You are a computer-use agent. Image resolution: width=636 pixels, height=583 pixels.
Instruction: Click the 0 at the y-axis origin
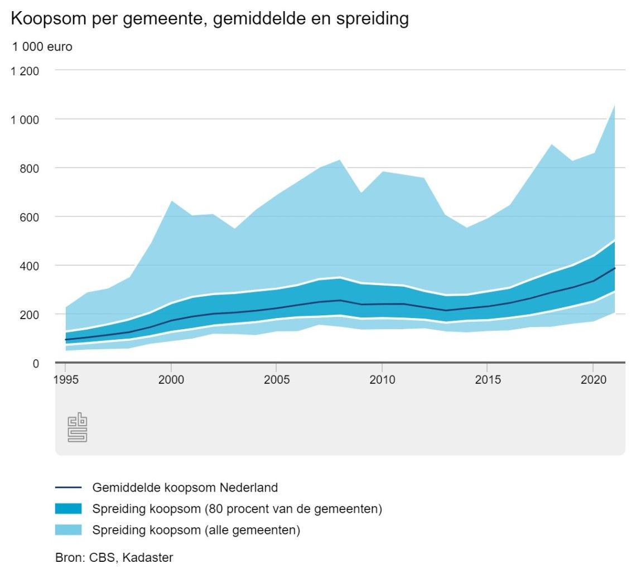point(36,363)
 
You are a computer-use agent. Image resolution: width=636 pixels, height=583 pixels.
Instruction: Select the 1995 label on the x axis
point(66,379)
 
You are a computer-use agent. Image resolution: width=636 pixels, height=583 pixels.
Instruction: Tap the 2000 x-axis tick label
point(171,379)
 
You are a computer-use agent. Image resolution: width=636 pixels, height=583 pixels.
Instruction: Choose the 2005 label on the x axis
point(276,379)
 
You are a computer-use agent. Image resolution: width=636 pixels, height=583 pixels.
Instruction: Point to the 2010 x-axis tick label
point(382,379)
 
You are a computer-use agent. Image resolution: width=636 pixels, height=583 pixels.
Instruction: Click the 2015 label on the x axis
point(487,379)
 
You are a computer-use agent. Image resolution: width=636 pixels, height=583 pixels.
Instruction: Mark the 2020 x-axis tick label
point(592,379)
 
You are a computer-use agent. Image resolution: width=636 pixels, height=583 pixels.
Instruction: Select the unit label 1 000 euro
point(42,47)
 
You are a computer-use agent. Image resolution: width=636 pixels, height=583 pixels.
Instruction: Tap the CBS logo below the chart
point(78,428)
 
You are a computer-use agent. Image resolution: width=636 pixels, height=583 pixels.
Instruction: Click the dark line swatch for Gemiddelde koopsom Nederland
point(68,488)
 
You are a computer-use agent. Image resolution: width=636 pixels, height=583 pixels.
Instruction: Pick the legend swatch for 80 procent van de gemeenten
point(68,509)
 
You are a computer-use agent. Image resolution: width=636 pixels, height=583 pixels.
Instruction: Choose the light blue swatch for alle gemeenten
point(68,530)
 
